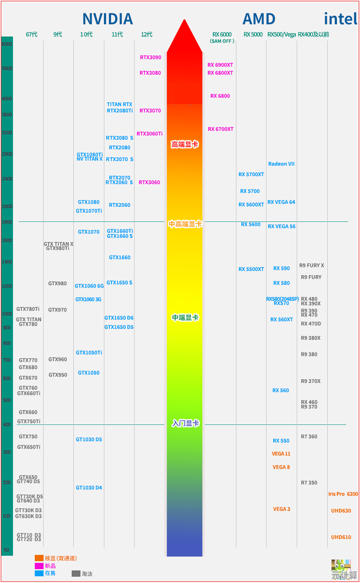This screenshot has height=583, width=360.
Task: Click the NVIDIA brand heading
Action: [107, 19]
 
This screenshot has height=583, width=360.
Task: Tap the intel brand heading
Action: [340, 19]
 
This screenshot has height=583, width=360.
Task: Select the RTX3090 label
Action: [150, 57]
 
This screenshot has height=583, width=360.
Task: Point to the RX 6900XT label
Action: [220, 65]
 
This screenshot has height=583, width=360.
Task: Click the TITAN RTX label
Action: [119, 104]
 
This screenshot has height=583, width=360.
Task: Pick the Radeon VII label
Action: [281, 164]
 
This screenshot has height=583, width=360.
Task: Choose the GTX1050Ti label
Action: [89, 353]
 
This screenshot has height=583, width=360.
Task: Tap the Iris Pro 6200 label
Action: [343, 494]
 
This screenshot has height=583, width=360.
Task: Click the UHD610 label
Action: [341, 537]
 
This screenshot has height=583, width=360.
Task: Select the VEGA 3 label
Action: [282, 509]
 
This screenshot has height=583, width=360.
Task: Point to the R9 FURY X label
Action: [311, 265]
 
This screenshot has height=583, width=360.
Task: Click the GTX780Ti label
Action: [28, 309]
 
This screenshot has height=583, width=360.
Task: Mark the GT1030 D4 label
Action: [89, 488]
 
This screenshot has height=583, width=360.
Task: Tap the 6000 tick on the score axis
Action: [7, 44]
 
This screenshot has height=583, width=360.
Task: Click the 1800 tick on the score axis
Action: [7, 222]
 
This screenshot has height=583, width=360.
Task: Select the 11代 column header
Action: [117, 34]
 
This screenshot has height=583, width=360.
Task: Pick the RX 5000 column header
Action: [253, 34]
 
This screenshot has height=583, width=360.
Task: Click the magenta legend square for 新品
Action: [39, 566]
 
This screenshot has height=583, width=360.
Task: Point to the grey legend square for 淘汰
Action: [76, 573]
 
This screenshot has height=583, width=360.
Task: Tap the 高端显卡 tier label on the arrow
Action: [184, 145]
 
